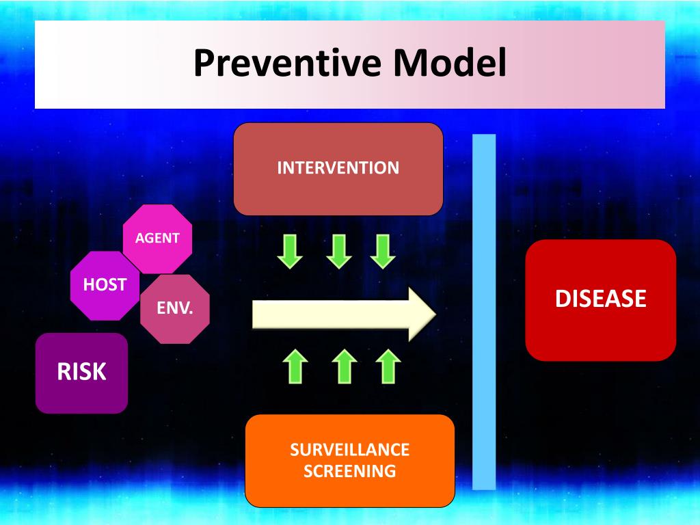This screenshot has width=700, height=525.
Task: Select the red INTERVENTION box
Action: point(338,169)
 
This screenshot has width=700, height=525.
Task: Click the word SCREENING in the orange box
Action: point(349,471)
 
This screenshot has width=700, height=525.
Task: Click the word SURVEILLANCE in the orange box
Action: point(349,450)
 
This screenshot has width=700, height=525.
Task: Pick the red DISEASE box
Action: point(600,299)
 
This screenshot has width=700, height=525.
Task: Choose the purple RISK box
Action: point(81,373)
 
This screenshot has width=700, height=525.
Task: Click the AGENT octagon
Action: point(157,239)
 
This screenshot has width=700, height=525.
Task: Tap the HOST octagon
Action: point(105,285)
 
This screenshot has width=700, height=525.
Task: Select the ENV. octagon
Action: point(175,308)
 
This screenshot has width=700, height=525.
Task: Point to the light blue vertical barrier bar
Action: point(484,311)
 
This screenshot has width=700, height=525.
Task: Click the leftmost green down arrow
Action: point(290,251)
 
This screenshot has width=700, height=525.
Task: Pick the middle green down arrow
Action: point(338,251)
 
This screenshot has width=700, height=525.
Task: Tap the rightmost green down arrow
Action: point(383,251)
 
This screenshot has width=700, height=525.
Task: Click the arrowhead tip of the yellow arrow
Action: point(433,314)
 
